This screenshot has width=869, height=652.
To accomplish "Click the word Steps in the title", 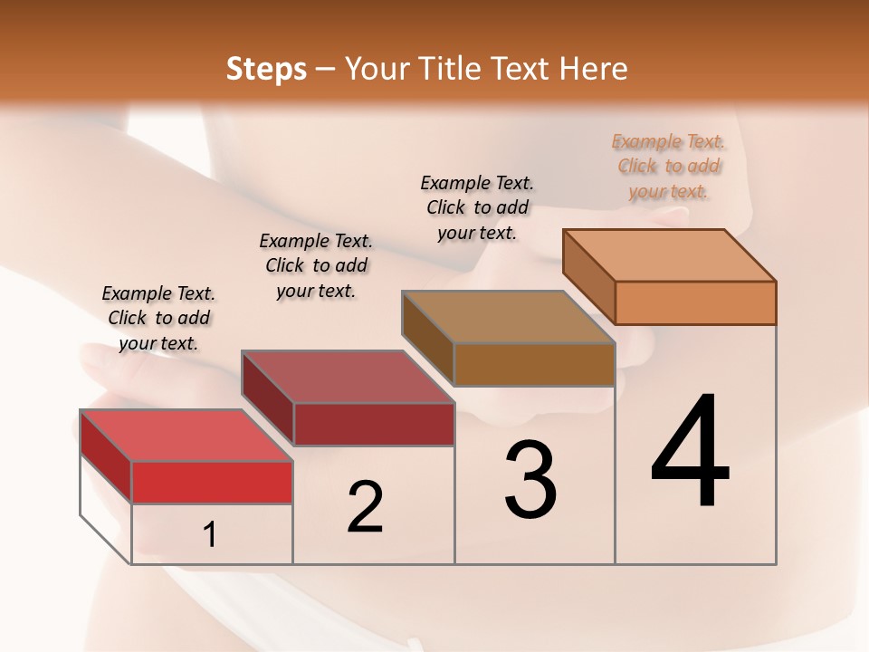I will point(266,69).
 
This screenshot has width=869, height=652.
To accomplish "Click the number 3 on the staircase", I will point(530,480).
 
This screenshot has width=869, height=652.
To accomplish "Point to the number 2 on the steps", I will point(365,507).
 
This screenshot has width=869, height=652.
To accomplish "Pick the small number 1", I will point(210,535).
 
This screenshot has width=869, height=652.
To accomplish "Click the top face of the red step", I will point(186,435).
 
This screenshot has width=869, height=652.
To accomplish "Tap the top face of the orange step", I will point(670,254).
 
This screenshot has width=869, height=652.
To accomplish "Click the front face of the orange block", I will point(695,302).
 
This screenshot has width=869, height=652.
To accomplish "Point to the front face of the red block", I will point(212,482).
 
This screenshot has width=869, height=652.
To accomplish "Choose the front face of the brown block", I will point(534,364).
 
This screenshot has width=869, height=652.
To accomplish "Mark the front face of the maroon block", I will point(373,424).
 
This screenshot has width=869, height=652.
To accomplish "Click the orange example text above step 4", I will point(668,166).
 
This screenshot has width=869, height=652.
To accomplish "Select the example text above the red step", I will point(158,318).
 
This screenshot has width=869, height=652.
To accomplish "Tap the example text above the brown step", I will point(477,207).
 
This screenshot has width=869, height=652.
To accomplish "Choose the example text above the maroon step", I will point(316,265).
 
